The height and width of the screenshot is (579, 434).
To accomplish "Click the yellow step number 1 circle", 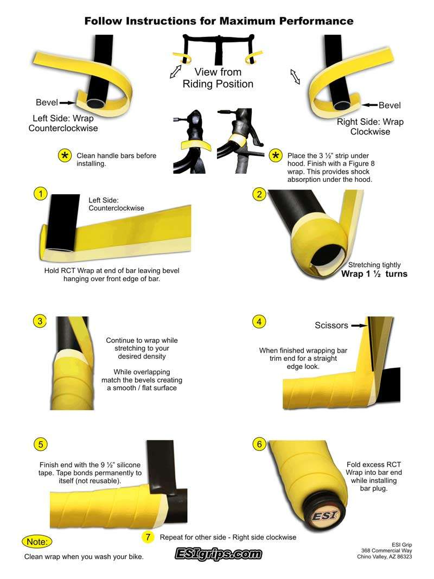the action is [x=41, y=194].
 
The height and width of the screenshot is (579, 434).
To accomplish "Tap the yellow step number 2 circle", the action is [x=259, y=194].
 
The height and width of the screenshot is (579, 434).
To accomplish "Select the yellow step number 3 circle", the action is [x=40, y=321].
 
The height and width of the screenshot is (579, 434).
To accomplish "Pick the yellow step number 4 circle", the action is [x=259, y=322].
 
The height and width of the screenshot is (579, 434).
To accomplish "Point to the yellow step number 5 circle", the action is [x=41, y=444].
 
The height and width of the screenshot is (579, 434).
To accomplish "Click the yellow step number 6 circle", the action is [x=259, y=444].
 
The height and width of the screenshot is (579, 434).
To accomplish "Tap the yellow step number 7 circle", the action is [x=148, y=537].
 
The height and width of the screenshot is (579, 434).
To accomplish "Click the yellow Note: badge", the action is [x=37, y=542].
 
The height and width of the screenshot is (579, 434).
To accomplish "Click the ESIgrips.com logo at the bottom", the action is [x=218, y=554].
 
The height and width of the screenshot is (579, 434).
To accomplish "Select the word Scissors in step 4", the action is [x=331, y=326].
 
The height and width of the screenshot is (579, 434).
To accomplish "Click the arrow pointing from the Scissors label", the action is [x=359, y=326].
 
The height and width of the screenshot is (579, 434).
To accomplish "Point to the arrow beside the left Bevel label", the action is [x=67, y=103].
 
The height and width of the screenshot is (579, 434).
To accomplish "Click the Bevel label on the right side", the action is [x=390, y=105].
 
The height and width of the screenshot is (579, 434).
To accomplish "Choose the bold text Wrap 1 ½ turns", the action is [x=374, y=274].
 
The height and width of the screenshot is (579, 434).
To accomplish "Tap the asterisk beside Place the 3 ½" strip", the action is [x=276, y=156].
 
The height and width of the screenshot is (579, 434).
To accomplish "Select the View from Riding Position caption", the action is [x=218, y=78].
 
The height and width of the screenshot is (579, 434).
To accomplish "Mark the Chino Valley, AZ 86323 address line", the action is [x=384, y=556].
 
